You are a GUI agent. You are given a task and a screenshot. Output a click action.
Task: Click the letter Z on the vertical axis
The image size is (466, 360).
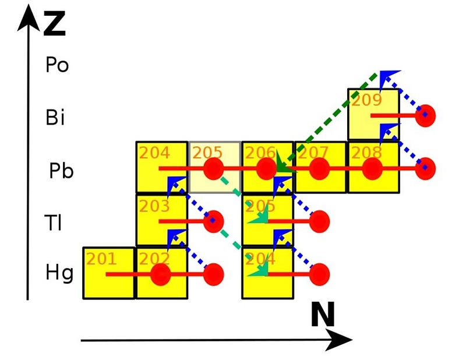click(x=54, y=23)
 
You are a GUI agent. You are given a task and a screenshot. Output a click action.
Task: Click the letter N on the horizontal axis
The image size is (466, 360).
click(x=323, y=314)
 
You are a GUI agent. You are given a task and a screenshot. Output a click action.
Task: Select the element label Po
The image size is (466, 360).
click(x=57, y=65)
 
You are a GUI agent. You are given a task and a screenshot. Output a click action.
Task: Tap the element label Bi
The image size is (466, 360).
click(x=55, y=117)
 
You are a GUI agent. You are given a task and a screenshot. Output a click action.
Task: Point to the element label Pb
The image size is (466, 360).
click(x=61, y=171)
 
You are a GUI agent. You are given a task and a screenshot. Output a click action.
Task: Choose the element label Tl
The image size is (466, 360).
click(x=53, y=223)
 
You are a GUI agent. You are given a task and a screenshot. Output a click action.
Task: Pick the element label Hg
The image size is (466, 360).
click(x=59, y=273)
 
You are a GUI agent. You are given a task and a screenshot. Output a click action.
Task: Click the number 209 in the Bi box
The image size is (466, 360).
click(x=366, y=100)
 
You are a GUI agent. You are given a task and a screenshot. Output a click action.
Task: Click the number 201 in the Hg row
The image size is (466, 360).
click(x=101, y=259)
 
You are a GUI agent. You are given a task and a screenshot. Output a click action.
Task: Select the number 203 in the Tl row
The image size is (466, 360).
click(x=154, y=206)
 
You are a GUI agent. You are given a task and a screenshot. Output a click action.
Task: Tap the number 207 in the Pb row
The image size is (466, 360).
click(x=313, y=153)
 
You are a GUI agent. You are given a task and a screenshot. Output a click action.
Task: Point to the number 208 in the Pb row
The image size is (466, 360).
click(x=366, y=153)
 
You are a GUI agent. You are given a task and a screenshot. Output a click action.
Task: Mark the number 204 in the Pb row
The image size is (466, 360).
click(x=154, y=153)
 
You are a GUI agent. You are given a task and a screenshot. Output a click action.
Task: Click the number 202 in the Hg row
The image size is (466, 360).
click(x=154, y=259)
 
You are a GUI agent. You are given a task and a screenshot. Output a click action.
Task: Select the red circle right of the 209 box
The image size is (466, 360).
click(x=425, y=116)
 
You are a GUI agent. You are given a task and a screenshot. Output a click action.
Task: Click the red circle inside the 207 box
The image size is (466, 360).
click(x=319, y=168)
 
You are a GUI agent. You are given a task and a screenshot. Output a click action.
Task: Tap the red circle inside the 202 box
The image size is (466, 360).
click(x=161, y=274)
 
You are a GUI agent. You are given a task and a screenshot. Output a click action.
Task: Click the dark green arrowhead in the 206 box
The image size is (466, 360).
click(x=283, y=163)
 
